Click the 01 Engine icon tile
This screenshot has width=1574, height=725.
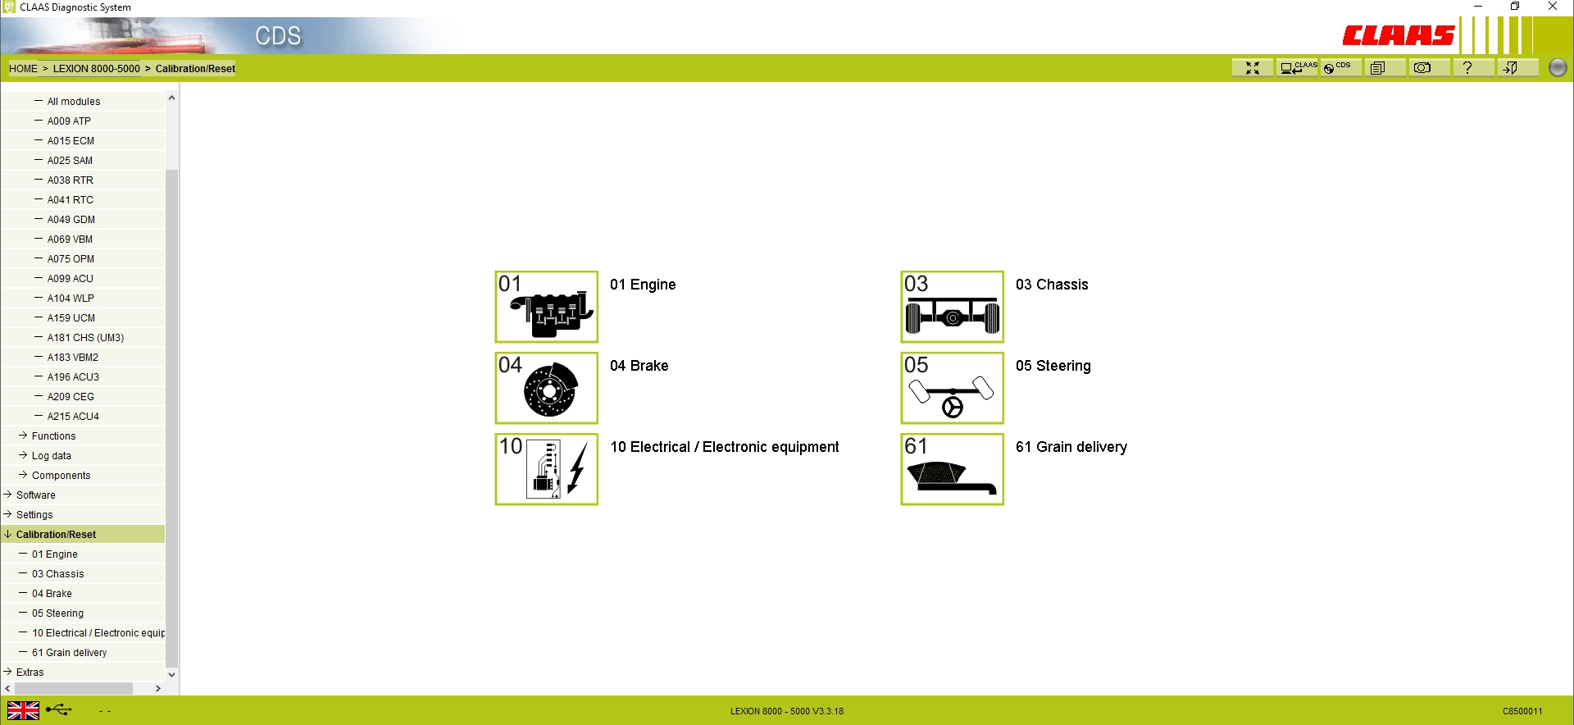coord(546,307)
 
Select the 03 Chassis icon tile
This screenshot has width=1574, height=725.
coord(952,307)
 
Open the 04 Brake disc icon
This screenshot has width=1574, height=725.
coord(546,388)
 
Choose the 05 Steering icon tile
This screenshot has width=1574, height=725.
coord(952,388)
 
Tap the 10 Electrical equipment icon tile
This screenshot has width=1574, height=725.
coord(546,469)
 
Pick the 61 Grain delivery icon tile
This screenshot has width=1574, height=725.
coord(952,469)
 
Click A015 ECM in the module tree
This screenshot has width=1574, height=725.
coord(71,141)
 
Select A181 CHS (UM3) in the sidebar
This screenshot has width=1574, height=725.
coord(85,338)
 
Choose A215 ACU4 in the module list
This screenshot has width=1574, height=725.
coord(73,417)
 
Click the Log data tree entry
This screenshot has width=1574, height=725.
coord(52,456)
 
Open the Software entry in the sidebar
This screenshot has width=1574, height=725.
coord(36,495)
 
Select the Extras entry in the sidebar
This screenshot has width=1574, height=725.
coord(30,673)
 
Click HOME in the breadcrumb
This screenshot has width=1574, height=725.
coord(23,69)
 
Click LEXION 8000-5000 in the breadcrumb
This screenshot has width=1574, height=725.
coord(96,69)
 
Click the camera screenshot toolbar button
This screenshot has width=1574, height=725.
coord(1422,68)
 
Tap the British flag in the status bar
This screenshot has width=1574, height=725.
coord(23,710)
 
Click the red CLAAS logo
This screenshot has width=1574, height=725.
coord(1398,35)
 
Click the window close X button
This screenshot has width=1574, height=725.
coord(1553,7)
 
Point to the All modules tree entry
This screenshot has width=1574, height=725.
coord(74,102)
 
